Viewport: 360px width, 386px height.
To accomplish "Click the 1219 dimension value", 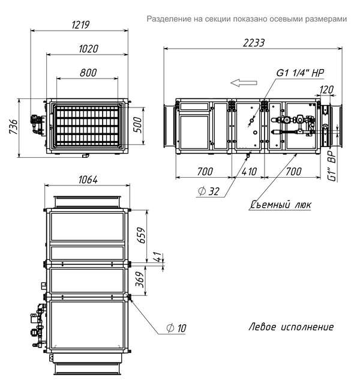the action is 80,25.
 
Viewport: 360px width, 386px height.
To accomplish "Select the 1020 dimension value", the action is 88,49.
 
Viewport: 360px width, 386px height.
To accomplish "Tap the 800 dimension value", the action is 88,73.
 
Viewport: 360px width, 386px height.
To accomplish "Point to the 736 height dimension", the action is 14,127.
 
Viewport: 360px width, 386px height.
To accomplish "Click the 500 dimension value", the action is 139,125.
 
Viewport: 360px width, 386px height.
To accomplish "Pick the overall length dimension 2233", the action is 254,43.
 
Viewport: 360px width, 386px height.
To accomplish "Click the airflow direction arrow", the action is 244,83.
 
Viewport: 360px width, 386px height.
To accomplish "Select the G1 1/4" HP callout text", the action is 300,73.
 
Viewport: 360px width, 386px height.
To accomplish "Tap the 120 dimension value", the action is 326,90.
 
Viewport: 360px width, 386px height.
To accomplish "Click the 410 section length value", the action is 249,172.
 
